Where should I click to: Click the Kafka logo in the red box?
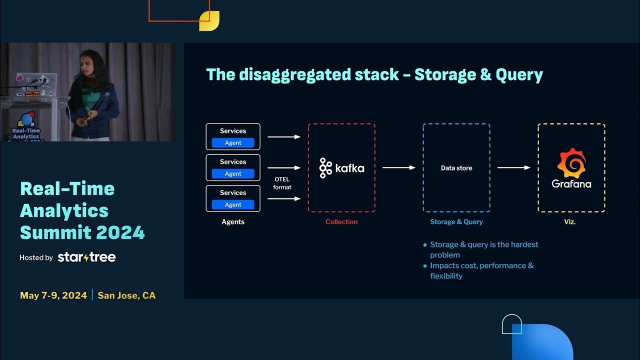(342, 168)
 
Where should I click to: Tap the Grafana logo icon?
(571, 163)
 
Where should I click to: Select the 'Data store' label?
(456, 168)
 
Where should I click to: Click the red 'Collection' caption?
(341, 222)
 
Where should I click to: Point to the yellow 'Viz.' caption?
(569, 222)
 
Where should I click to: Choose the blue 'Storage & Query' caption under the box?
(456, 222)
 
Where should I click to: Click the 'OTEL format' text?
(282, 183)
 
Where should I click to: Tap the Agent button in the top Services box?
(233, 143)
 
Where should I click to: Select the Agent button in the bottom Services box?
(233, 205)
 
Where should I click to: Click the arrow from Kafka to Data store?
(399, 168)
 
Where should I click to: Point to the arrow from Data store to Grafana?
(513, 168)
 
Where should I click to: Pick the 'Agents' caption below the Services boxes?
(233, 222)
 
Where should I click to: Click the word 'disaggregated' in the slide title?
(294, 75)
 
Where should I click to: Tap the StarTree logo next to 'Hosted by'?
(86, 257)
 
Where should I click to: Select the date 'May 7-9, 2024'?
(53, 295)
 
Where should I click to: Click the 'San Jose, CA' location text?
(126, 295)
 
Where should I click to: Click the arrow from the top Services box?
(284, 136)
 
